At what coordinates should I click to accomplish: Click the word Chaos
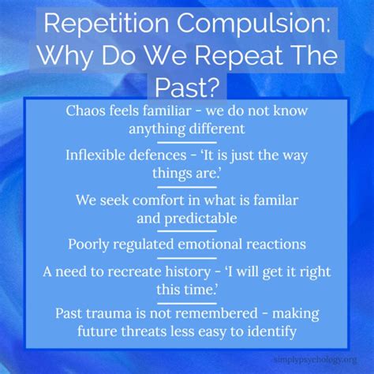coord(88,110)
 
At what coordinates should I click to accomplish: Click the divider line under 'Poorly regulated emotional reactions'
coord(186,257)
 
